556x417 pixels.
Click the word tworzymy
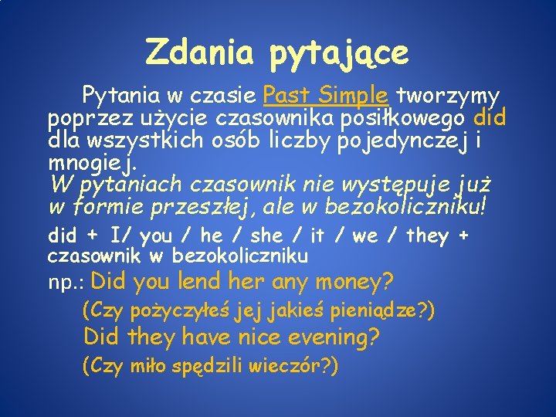point(447,97)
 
